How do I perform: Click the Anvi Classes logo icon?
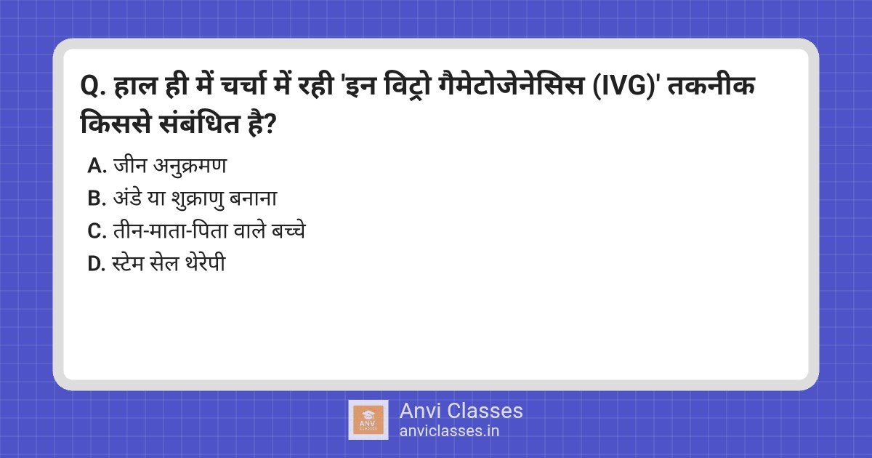click(368, 419)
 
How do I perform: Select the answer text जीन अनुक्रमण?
click(170, 166)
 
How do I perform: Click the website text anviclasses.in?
click(449, 430)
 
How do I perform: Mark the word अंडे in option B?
click(128, 198)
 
